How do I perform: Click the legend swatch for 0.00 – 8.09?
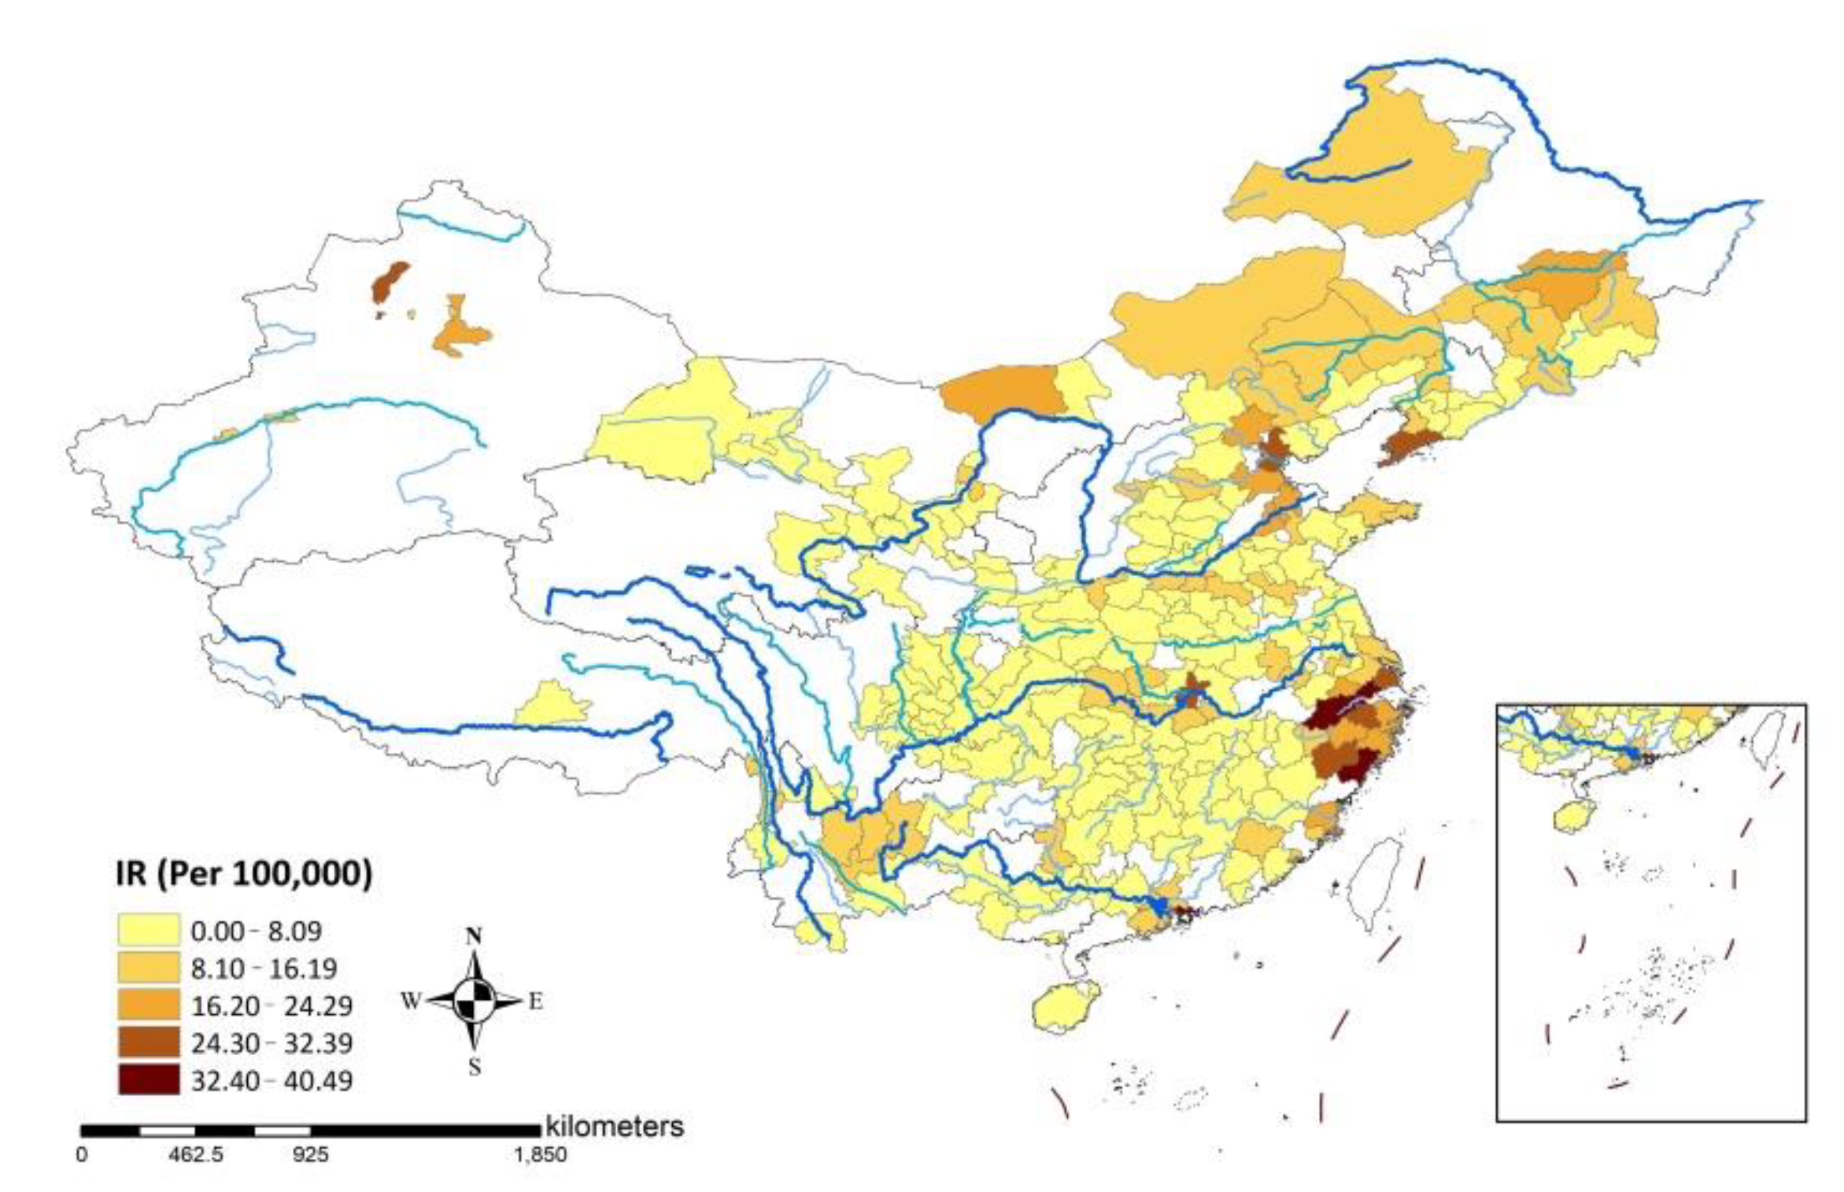148,930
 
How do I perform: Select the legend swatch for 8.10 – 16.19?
148,968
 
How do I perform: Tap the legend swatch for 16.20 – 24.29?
148,1006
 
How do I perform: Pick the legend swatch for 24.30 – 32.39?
148,1043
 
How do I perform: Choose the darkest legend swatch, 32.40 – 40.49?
148,1079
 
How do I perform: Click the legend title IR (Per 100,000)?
243,874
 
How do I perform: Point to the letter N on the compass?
474,936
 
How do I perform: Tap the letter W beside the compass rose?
411,1001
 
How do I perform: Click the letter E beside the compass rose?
535,1001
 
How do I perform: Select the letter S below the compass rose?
474,1067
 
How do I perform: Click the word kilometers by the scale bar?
614,1127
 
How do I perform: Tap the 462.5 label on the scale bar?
195,1155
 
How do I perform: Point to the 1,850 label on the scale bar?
540,1155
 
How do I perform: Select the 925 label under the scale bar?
310,1155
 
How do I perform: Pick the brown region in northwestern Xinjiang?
390,282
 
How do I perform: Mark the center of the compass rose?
474,1001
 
